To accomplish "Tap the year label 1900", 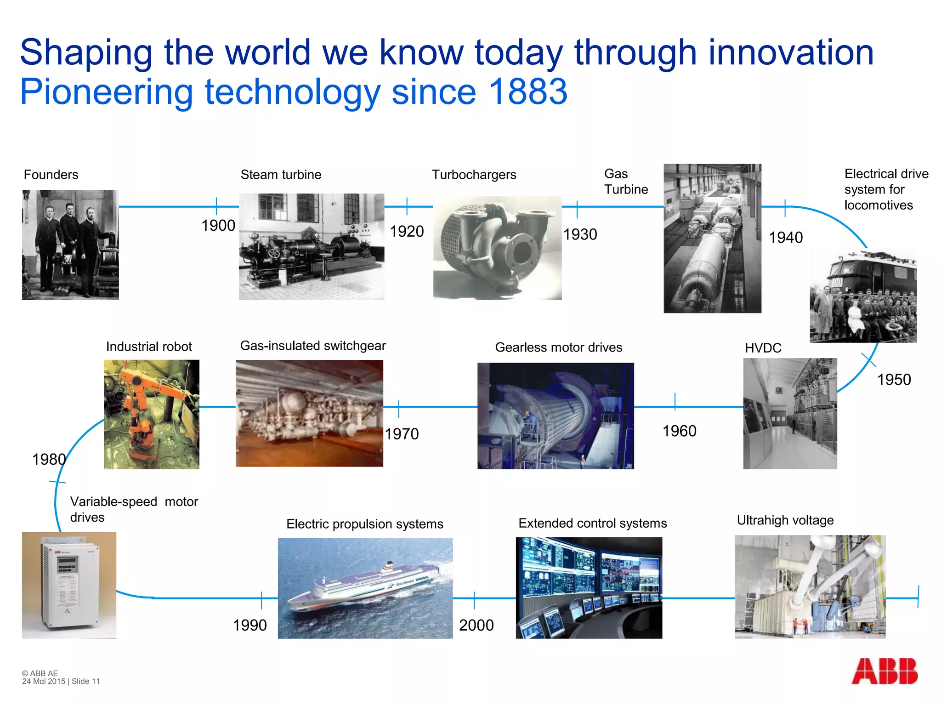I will point(218,226).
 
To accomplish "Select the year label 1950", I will point(894,380).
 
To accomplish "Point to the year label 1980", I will point(49,459).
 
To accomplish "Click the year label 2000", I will point(476,625).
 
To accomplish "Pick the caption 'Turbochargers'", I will point(474,175).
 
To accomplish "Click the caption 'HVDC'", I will point(763,348).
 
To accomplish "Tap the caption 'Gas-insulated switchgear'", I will point(313,346).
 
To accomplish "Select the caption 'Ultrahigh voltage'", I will point(785,520).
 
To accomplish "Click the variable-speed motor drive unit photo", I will point(69,585).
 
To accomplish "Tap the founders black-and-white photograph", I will point(70,245).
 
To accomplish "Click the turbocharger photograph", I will point(497,248).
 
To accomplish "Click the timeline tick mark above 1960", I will point(675,401).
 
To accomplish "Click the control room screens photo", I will point(589,587).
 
